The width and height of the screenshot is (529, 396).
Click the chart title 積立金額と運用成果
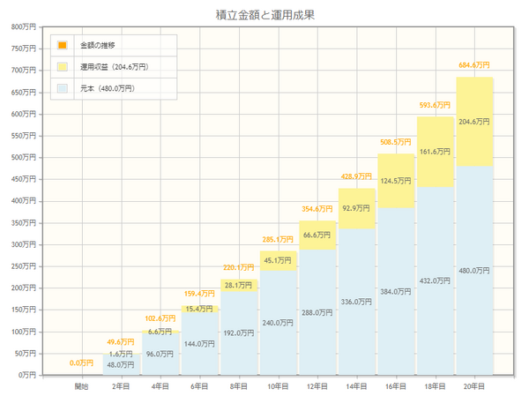point(264,14)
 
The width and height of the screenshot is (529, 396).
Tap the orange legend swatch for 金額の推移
point(63,45)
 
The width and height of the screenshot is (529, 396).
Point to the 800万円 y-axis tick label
point(21,26)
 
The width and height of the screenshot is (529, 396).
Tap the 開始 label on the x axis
point(82,385)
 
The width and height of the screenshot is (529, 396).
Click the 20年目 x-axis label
point(474,385)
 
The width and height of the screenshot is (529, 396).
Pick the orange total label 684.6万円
point(474,64)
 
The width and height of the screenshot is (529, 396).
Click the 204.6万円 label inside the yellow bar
point(474,123)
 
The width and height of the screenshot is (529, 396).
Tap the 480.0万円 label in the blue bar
point(474,270)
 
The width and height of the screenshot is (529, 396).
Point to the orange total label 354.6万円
point(317,209)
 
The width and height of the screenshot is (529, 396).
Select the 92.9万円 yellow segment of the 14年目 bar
point(357,208)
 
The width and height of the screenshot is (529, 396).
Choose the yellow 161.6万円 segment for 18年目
point(436,152)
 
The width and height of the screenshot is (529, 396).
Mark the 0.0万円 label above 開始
point(82,362)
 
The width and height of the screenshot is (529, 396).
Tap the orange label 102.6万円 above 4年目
point(160,318)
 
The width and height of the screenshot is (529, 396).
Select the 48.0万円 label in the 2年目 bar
point(122,364)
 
